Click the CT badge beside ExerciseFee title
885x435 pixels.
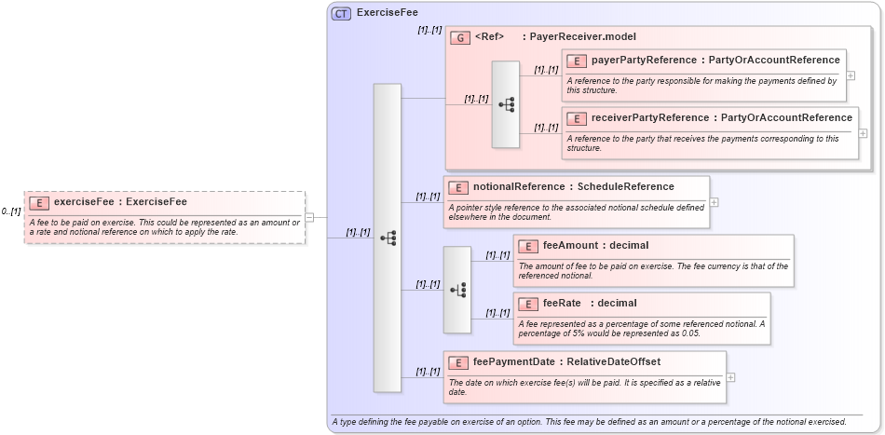[341, 13]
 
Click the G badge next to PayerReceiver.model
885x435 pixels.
[459, 37]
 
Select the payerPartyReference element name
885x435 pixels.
[644, 61]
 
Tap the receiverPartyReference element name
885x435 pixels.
[649, 117]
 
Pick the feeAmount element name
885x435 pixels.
[569, 246]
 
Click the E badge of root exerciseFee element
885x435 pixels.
[39, 202]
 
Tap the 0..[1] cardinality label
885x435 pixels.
[11, 211]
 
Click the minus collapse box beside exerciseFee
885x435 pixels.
[309, 218]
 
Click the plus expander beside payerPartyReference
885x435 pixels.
[851, 75]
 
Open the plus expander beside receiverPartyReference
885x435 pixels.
[863, 133]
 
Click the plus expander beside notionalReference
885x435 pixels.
[714, 201]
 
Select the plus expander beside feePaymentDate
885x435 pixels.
[730, 377]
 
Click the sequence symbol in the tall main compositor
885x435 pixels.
[387, 238]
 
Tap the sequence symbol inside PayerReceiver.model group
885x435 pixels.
[506, 104]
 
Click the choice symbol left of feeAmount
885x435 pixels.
[457, 290]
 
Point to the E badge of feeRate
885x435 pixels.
[528, 304]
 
